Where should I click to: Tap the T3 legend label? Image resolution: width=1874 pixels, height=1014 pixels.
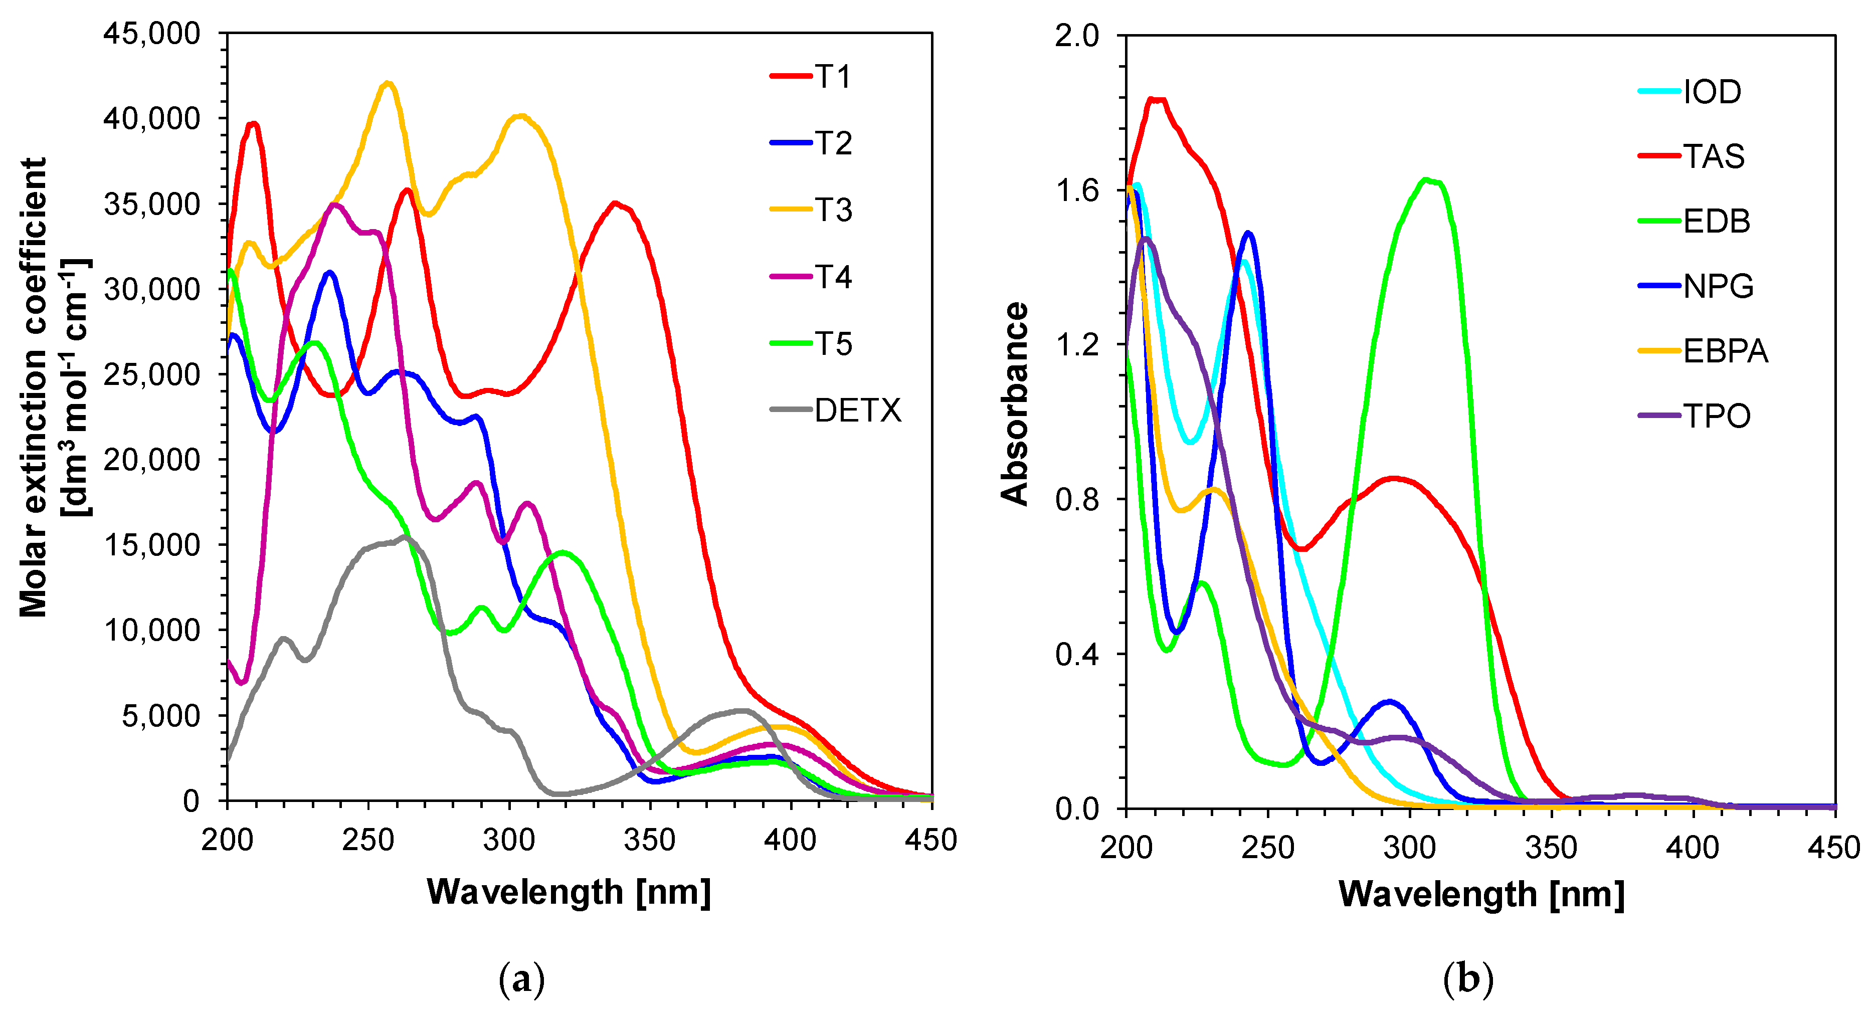tap(833, 210)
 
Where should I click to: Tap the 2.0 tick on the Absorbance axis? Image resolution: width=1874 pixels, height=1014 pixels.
tap(1077, 35)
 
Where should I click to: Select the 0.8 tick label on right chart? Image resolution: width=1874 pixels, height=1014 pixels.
tap(1077, 500)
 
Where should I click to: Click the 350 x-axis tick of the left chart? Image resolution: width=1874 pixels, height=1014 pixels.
tap(650, 840)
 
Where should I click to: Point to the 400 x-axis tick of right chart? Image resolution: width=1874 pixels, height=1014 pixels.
tap(1692, 848)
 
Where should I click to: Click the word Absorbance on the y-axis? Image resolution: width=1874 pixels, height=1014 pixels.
tap(1015, 403)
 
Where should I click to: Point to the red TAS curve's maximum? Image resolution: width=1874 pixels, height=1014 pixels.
tap(1157, 100)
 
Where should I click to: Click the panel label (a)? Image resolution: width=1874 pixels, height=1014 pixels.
tap(521, 980)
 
